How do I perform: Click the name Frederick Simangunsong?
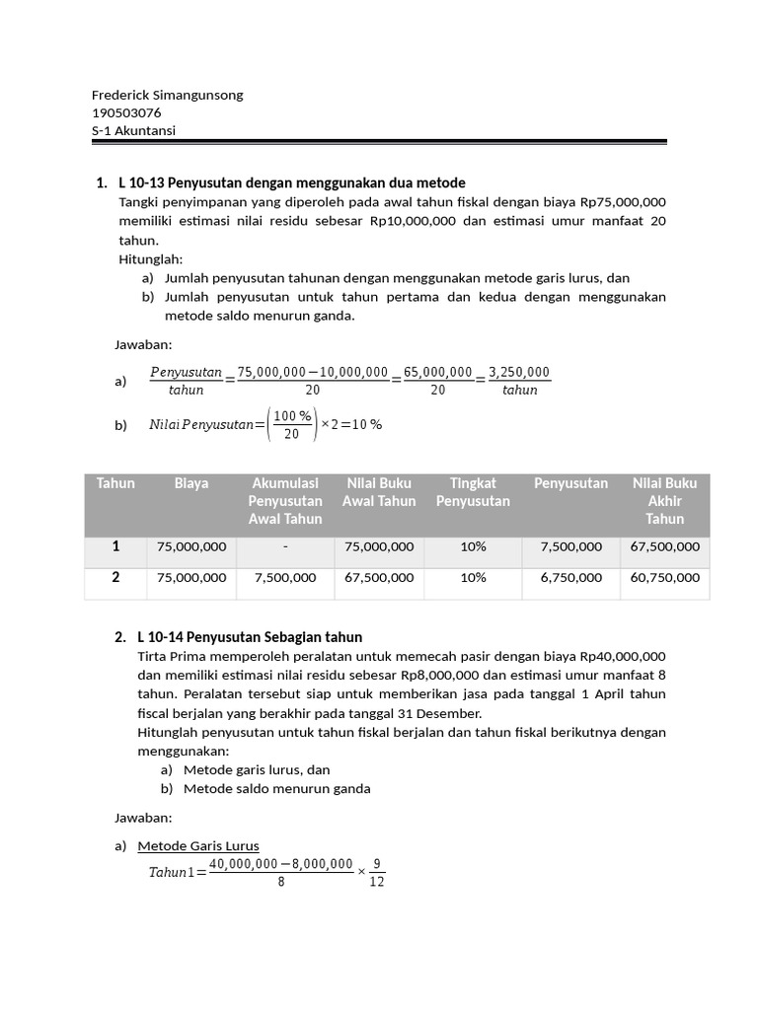point(167,95)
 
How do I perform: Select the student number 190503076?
point(126,112)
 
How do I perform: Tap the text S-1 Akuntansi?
point(134,130)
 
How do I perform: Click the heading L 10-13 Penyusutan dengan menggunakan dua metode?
point(291,182)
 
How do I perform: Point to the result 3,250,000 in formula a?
point(519,372)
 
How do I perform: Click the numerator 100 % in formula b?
point(292,415)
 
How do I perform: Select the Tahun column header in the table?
point(115,483)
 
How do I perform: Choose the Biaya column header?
point(191,483)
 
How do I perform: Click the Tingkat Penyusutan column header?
point(473,492)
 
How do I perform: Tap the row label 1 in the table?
point(115,545)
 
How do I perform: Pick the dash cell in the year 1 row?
point(285,546)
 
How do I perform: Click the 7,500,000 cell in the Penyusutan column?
point(570,546)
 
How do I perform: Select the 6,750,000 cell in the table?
point(570,578)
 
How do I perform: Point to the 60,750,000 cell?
point(664,578)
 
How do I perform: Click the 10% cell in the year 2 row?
point(473,578)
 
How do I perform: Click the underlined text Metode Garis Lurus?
point(198,845)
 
